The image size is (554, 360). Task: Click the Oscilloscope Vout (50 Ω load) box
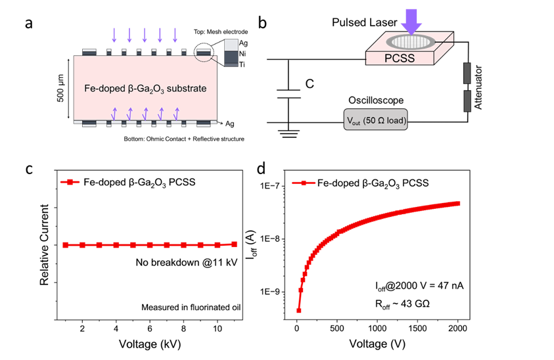coord(375,120)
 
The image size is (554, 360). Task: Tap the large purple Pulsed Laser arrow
coord(411,22)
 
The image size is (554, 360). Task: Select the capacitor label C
coord(310,83)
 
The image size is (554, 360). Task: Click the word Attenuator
coord(478,87)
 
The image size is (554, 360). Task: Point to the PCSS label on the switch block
coord(400,58)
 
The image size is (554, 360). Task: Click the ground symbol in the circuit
coord(289,133)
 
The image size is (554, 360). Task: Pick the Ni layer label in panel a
coord(242,54)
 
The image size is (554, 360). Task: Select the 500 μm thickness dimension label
coord(60,88)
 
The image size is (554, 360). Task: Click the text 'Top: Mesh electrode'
coord(221,32)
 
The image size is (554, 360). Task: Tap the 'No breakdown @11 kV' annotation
coord(187,263)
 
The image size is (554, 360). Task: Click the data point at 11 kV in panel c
coord(234,244)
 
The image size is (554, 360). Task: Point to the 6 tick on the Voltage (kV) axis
coord(150,329)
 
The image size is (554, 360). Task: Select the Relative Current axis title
coord(44,245)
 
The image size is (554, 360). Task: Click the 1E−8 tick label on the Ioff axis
coord(269,239)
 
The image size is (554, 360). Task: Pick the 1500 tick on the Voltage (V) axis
coord(417,328)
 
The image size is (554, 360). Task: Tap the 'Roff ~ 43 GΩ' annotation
coord(402,304)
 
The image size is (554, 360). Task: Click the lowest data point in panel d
coord(298,311)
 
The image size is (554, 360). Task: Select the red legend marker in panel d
coord(303,183)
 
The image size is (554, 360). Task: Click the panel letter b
coord(262,23)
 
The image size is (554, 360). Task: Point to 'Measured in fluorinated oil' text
coord(191,307)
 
